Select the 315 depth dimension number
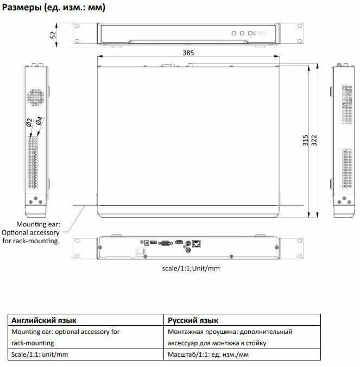[x=306, y=141]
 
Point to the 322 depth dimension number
[x=313, y=141]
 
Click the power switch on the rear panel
[x=141, y=251]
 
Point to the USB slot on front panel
[x=262, y=34]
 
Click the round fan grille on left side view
[x=36, y=97]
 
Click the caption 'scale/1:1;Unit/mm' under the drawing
[x=191, y=268]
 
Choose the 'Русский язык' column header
[x=193, y=320]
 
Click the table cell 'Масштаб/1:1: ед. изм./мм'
[x=209, y=355]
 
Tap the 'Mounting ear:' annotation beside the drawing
[x=38, y=224]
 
